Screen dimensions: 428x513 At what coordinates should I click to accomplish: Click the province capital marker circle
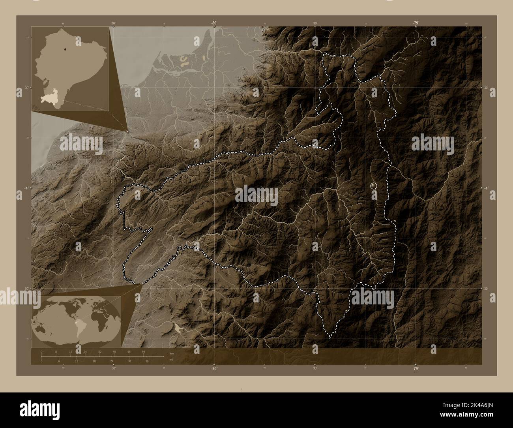[x=374, y=185]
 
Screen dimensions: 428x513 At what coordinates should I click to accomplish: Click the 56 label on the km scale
[x=144, y=351]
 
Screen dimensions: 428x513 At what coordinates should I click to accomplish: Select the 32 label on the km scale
[x=100, y=351]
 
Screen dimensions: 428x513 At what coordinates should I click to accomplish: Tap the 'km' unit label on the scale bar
[x=171, y=353]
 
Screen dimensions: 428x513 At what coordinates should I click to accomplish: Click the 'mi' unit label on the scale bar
[x=171, y=359]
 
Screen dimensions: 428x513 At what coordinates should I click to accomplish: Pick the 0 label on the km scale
[x=41, y=351]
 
